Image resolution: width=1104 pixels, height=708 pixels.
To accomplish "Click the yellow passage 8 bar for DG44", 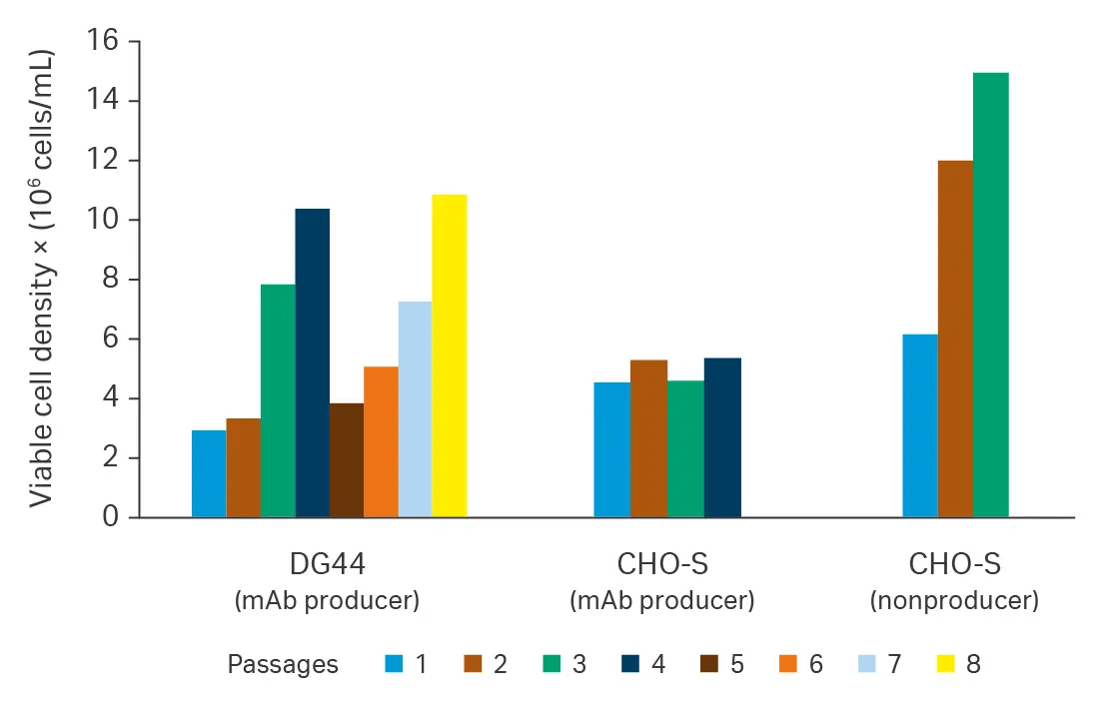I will point(449,355).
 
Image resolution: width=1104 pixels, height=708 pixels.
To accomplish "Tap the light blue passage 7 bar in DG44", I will point(415,409).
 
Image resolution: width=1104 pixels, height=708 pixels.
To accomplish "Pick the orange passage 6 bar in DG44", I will point(381,441).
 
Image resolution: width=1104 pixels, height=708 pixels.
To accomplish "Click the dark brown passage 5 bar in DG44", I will point(346,459).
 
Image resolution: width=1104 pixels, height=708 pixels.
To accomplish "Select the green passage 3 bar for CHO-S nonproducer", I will point(990,295).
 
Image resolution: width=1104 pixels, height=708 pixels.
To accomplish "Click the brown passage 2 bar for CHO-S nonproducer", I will point(955,339).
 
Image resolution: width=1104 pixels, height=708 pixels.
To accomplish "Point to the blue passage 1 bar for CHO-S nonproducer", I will point(919,425).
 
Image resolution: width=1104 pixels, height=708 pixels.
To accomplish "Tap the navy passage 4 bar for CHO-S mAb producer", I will point(722,437).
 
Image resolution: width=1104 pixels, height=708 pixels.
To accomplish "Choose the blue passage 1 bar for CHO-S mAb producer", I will point(611,449).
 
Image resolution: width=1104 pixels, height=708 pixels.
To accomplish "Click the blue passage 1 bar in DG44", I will point(209,473).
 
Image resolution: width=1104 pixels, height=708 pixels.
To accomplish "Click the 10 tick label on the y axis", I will point(104,221).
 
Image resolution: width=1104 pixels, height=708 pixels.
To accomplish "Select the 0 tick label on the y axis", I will point(111,518).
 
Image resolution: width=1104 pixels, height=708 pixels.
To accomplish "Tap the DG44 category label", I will point(327,565).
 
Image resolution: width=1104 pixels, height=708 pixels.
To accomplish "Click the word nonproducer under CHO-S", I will point(954,601).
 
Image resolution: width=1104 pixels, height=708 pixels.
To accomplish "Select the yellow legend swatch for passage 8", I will point(945,664).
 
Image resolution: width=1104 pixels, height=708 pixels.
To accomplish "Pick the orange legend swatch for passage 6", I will point(787,664).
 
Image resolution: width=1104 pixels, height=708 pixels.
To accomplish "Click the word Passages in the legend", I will point(283,664).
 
